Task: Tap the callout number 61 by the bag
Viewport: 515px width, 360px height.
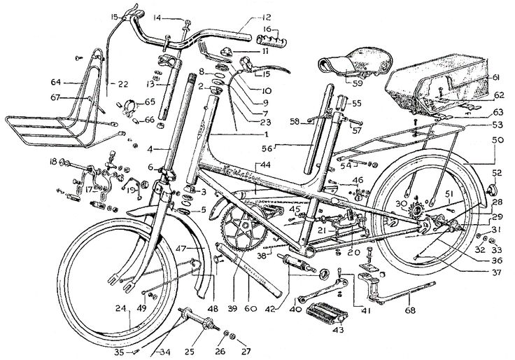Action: (x=495, y=77)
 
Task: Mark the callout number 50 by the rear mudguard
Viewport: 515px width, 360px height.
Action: (x=498, y=141)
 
